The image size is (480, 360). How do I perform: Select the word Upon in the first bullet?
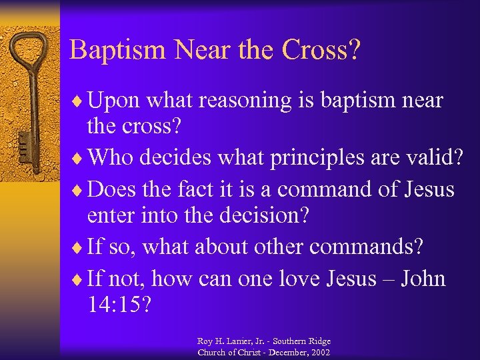tap(113, 101)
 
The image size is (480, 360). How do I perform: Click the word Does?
tap(112, 190)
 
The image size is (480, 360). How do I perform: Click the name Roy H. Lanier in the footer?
tap(229, 341)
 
